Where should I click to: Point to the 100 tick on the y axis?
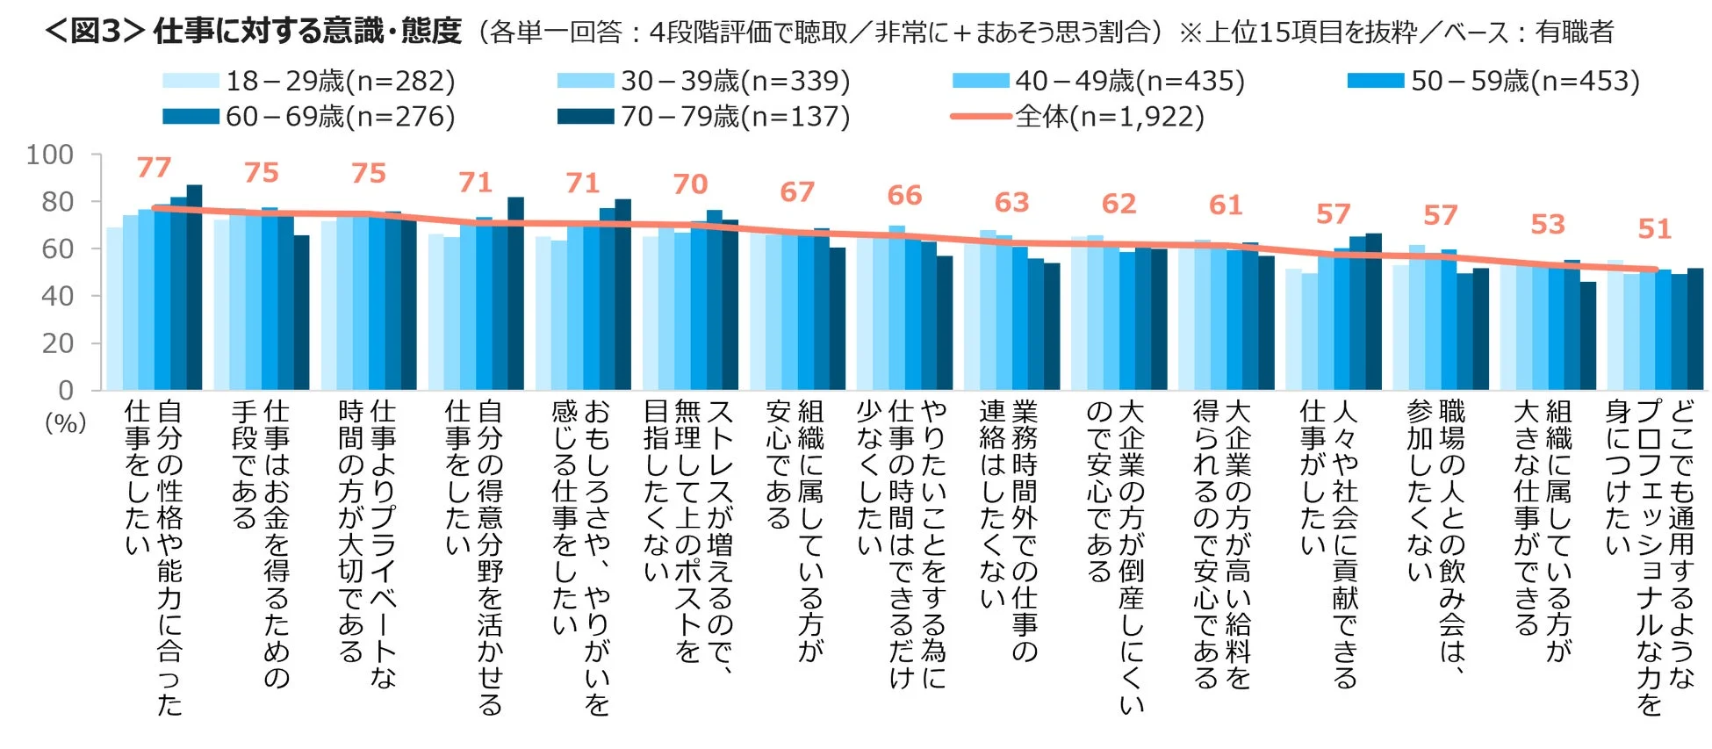(x=50, y=155)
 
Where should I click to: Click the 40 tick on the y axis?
(x=57, y=296)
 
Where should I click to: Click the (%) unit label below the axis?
(x=65, y=423)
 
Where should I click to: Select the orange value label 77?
(x=154, y=167)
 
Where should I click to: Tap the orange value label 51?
(x=1654, y=229)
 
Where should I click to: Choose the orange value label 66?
(x=904, y=195)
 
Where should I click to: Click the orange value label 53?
(x=1547, y=224)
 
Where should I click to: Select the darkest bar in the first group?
(x=194, y=287)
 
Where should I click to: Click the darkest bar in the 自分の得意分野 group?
(x=515, y=293)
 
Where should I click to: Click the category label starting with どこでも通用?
(x=1651, y=553)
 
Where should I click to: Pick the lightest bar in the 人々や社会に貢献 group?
(x=1293, y=329)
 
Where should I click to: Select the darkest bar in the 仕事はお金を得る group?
(x=301, y=313)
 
